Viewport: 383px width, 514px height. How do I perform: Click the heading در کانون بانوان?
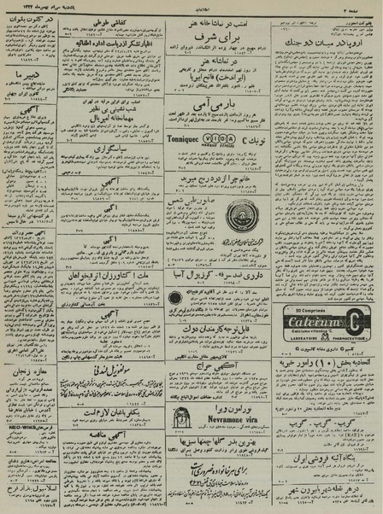29,16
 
